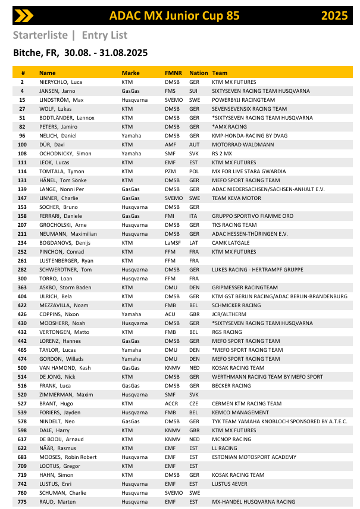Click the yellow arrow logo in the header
point(24,15)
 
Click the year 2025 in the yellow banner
point(334,15)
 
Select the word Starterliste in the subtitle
point(40,35)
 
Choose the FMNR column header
point(173,73)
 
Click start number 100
point(22,144)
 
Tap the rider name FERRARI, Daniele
point(60,216)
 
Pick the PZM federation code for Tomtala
point(171,171)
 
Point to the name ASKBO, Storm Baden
point(64,287)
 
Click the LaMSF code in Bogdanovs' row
point(173,242)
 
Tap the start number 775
point(22,501)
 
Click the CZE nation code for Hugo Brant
point(194,403)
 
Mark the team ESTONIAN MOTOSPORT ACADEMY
point(253,457)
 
